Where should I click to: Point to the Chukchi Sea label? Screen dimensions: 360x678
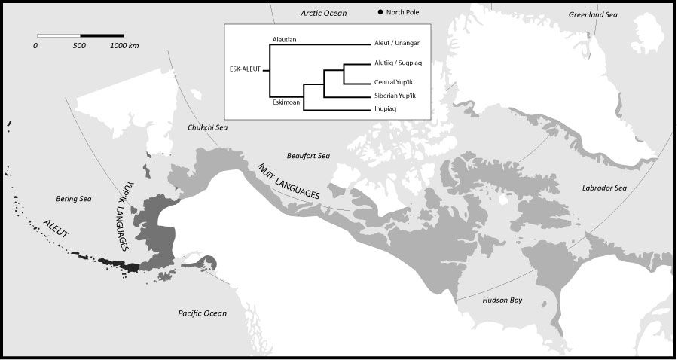pos(207,127)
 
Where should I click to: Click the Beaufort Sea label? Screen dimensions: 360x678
pos(308,156)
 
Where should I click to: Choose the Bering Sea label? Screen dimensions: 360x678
pos(74,199)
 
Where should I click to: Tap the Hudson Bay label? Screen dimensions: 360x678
pos(502,300)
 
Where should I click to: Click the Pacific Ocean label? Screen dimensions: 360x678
pos(203,313)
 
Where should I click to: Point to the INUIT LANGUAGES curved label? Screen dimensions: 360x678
pos(289,181)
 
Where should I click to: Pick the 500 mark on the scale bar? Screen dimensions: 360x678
pos(80,46)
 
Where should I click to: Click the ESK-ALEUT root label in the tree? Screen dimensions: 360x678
pos(245,69)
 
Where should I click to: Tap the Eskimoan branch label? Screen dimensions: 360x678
pos(287,103)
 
